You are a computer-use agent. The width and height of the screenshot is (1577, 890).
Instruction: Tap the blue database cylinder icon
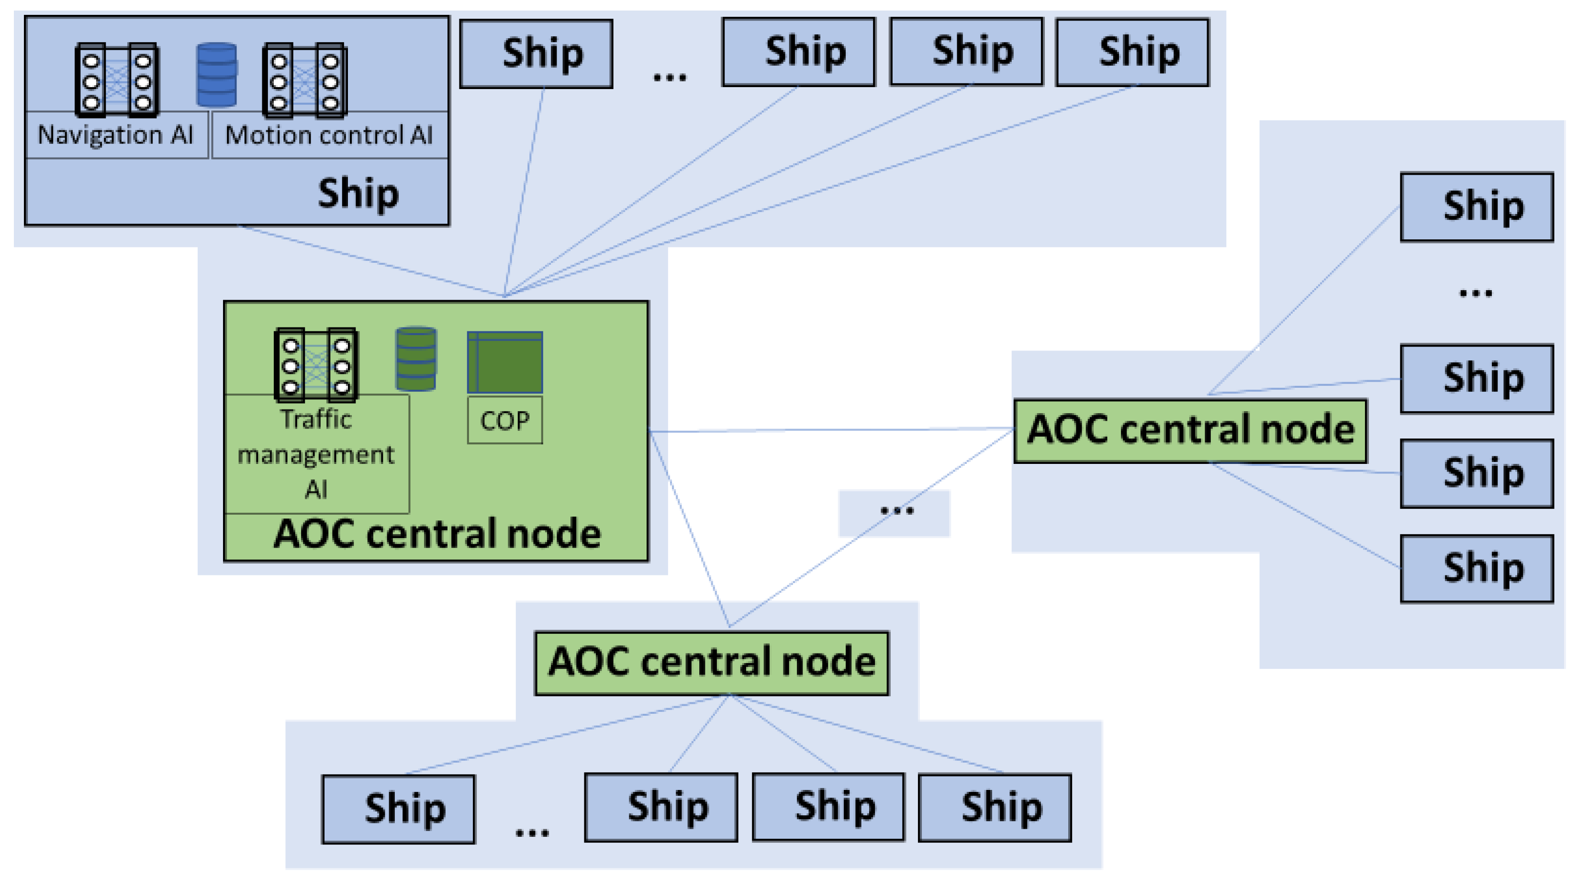click(x=217, y=75)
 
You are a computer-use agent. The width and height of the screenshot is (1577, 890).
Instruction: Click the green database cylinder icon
click(x=416, y=359)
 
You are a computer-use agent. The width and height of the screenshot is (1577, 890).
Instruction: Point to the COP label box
click(x=504, y=421)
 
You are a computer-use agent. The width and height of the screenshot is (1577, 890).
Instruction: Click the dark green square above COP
click(x=504, y=362)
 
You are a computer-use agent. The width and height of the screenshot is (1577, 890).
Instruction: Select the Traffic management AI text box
click(x=316, y=454)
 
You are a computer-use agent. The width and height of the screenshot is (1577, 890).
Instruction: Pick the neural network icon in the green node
click(x=316, y=365)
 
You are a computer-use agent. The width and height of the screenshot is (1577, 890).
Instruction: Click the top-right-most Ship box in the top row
click(x=1132, y=52)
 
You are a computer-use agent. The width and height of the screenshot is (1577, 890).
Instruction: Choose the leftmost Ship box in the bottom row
click(x=399, y=809)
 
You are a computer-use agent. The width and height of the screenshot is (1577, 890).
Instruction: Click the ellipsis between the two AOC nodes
click(x=895, y=511)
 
